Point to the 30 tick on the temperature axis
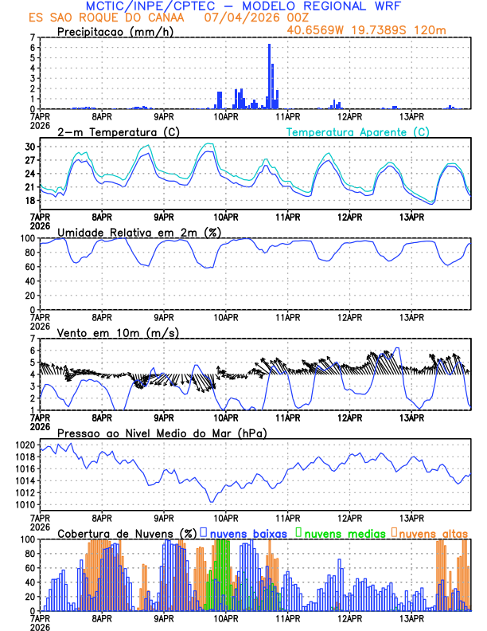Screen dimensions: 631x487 tap(30, 147)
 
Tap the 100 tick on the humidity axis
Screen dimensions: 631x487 tap(27, 238)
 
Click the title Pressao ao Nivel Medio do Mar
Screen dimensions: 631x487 tap(162, 433)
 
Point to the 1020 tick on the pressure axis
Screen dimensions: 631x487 tap(24, 445)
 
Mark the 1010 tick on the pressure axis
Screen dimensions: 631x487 tap(24, 504)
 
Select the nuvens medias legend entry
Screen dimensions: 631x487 tap(344, 533)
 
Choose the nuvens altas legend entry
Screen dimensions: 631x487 tap(432, 533)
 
